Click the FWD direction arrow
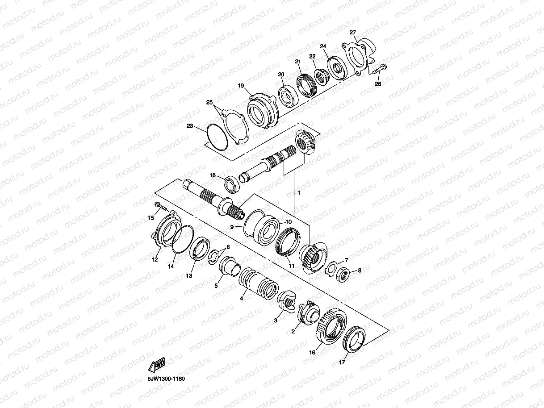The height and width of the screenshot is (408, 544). click(156, 365)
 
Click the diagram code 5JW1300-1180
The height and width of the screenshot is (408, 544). click(166, 379)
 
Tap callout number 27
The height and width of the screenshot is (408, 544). click(353, 33)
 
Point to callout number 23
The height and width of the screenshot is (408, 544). click(190, 126)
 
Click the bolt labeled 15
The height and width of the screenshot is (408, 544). click(161, 206)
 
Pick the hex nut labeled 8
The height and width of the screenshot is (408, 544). click(343, 275)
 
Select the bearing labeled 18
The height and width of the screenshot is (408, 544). click(232, 184)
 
